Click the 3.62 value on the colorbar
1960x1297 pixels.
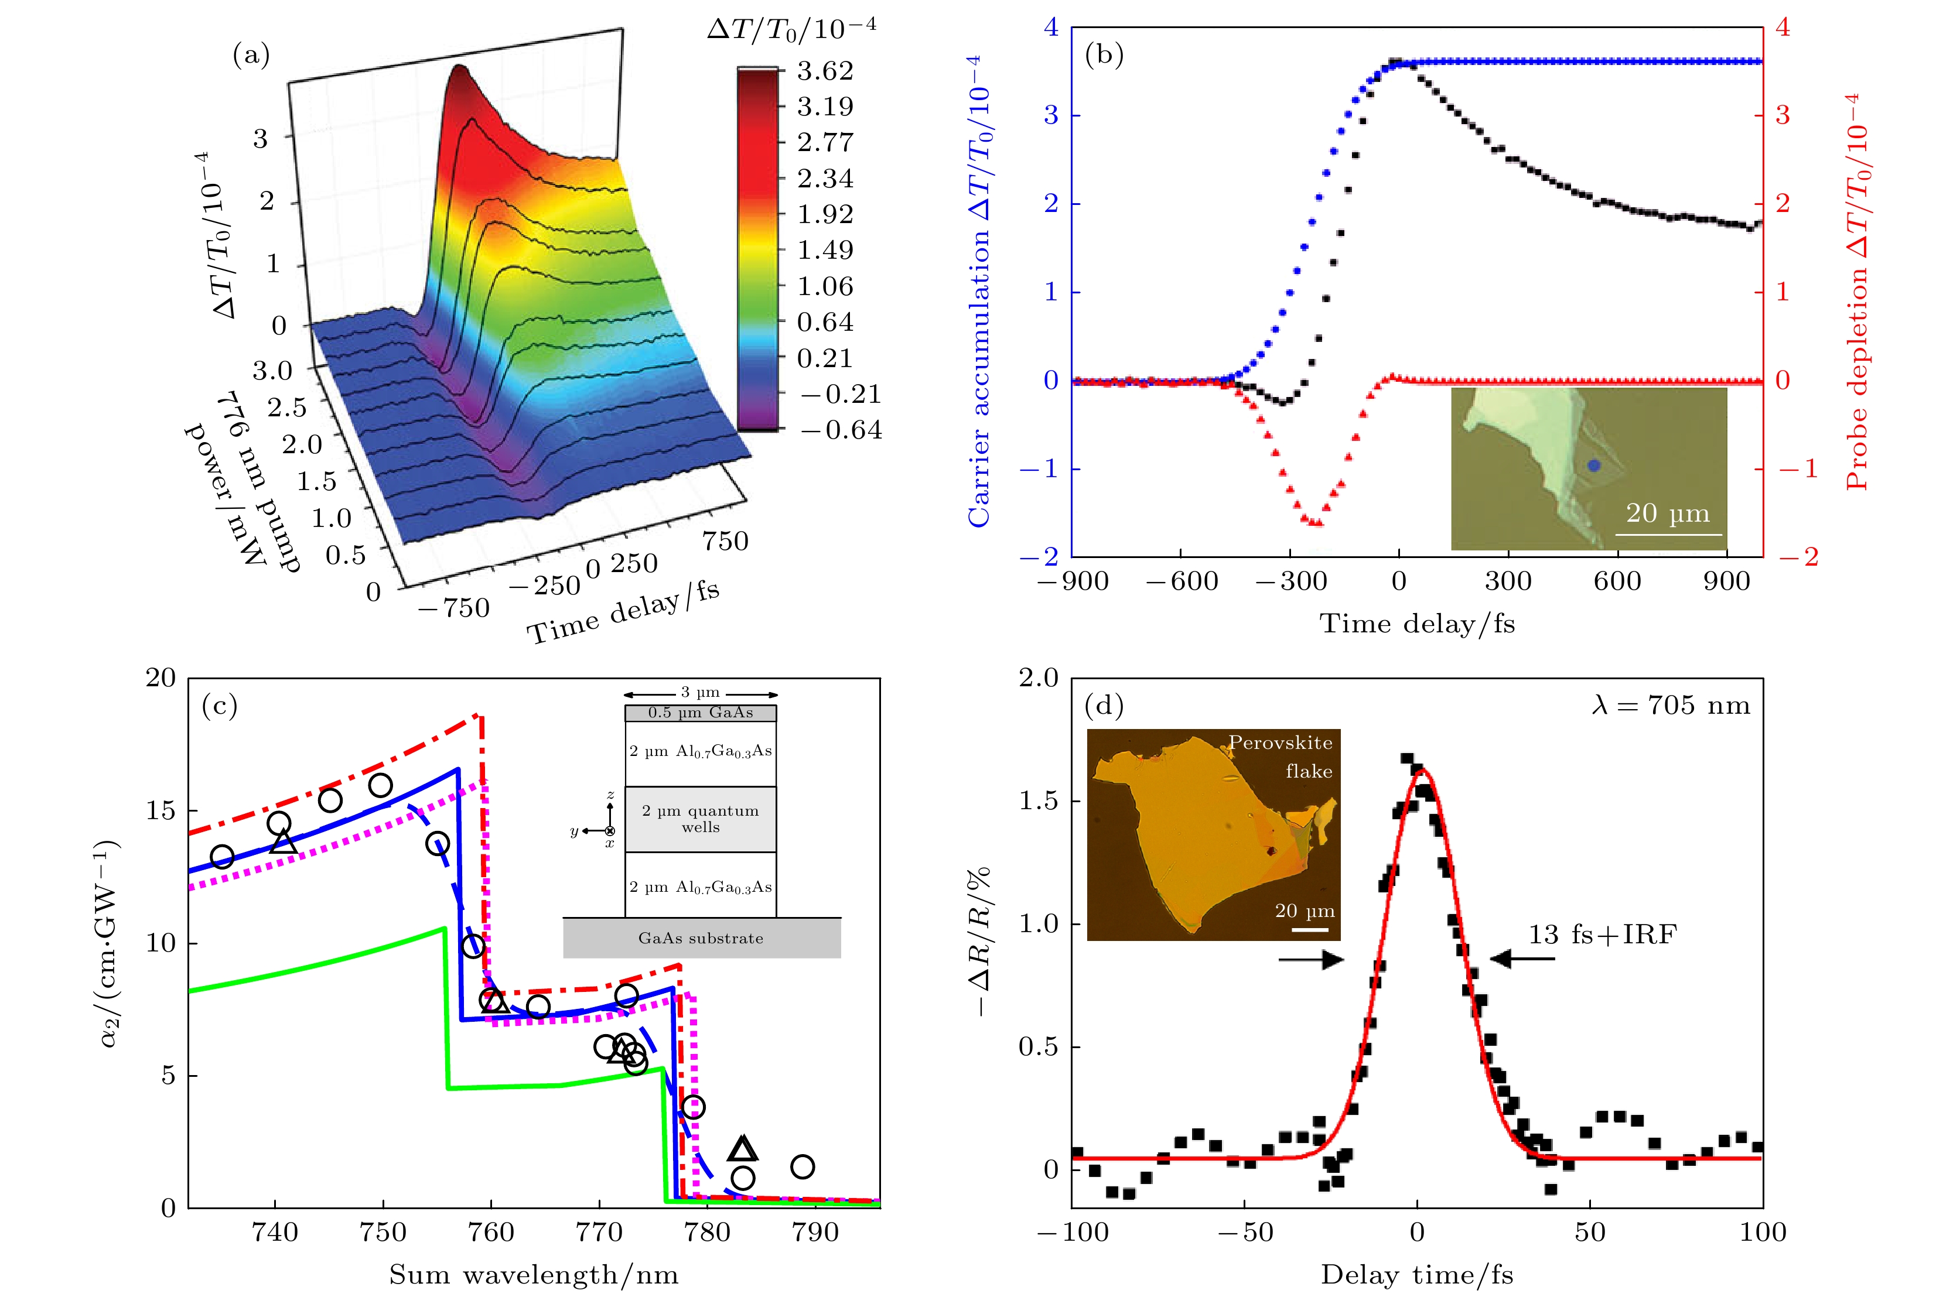[824, 71]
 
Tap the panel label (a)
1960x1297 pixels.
[251, 56]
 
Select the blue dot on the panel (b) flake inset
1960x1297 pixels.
[1593, 466]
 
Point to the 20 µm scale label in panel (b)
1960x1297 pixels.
[1667, 514]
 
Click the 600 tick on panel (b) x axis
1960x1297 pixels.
[1617, 581]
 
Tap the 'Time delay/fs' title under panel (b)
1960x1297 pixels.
[1416, 624]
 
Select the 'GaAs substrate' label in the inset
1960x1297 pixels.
[701, 938]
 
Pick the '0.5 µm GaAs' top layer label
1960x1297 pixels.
[701, 712]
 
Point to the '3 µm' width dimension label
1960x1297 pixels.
[701, 692]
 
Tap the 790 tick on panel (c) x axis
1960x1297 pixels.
[816, 1233]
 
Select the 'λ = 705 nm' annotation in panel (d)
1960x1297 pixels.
[1671, 706]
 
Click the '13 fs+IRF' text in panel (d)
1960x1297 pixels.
[1602, 935]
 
